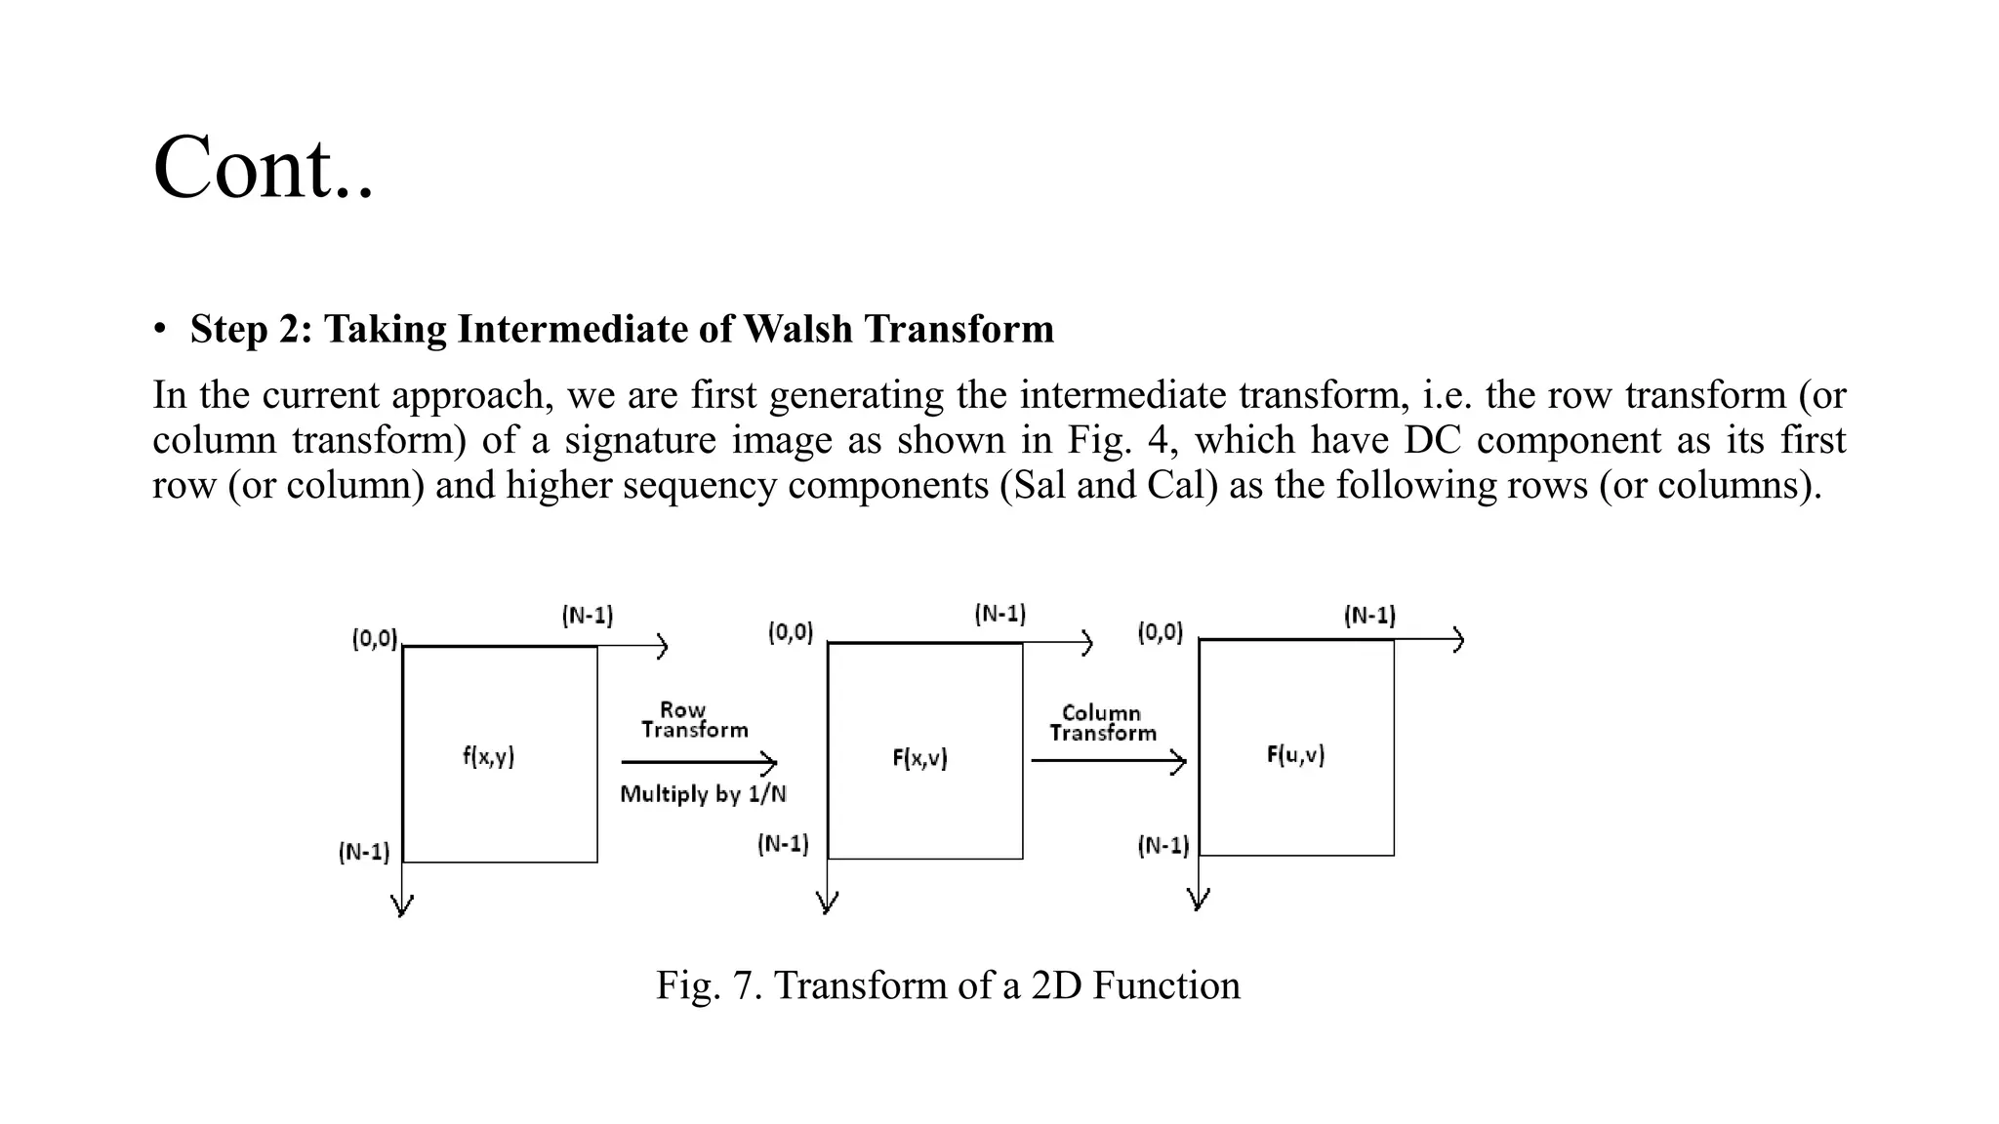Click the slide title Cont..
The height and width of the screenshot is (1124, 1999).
[x=263, y=168]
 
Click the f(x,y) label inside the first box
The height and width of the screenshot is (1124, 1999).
[x=488, y=756]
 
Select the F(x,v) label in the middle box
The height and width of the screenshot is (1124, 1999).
[x=919, y=758]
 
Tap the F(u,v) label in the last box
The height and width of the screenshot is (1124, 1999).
[x=1295, y=754]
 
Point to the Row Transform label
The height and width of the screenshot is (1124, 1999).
[x=694, y=720]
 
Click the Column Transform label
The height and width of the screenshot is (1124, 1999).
[x=1102, y=723]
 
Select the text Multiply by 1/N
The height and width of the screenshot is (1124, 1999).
[x=703, y=794]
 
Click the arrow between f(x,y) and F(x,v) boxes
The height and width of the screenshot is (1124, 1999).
[x=699, y=762]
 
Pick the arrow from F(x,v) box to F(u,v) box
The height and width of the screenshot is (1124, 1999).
[x=1108, y=760]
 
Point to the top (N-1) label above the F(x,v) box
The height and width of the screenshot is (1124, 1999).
[x=999, y=614]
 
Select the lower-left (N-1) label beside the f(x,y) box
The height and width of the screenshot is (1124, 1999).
[x=364, y=852]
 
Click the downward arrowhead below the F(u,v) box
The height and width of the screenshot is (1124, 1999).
[x=1199, y=899]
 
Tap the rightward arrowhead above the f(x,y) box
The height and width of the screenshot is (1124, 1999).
[x=662, y=646]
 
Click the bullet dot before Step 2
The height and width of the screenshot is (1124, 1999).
[x=159, y=330]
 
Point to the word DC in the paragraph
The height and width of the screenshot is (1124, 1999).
[x=1432, y=440]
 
